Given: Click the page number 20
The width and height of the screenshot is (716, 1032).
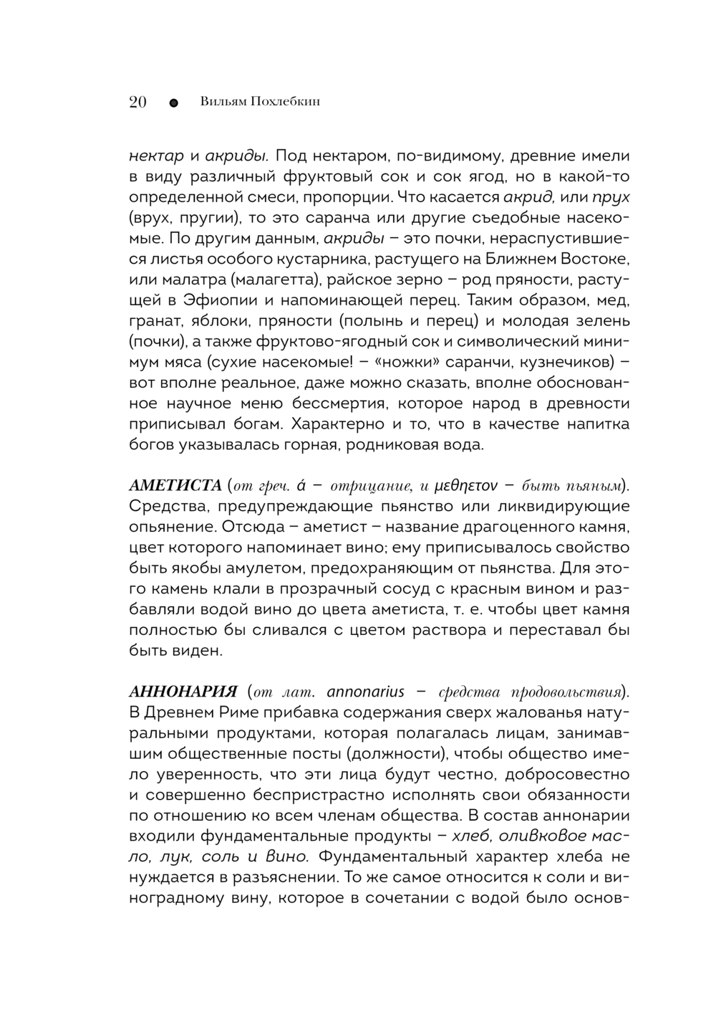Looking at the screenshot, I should point(137,102).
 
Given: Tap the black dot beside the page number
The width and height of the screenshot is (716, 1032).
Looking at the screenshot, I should point(173,102).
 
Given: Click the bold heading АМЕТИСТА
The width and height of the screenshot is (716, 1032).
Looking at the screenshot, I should point(175,486).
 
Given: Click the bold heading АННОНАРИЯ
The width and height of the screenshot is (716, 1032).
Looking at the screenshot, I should point(183,692).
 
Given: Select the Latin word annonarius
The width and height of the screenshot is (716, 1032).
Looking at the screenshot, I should point(365,692).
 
